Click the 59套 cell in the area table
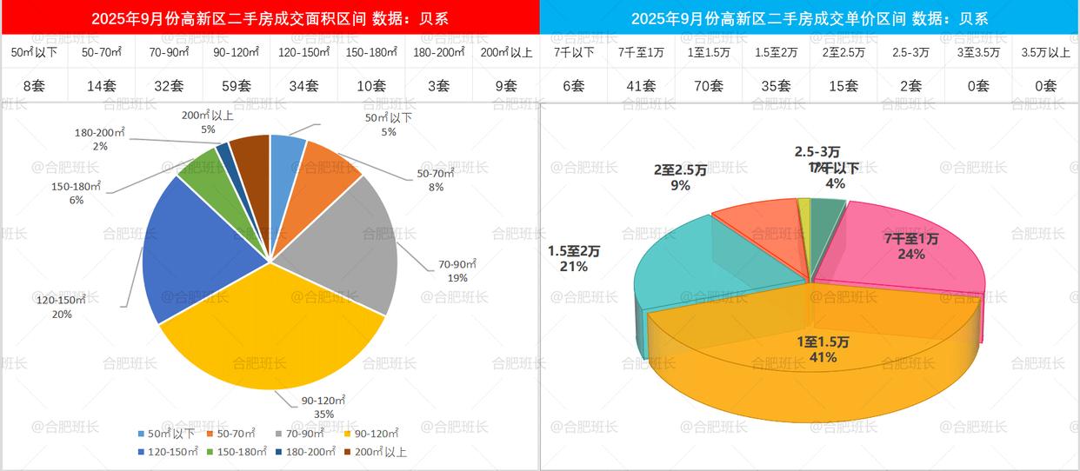[236, 85]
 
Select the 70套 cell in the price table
[709, 85]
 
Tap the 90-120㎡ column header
[236, 52]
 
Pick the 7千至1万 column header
[641, 52]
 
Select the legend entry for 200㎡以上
[375, 452]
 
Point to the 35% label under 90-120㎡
[323, 415]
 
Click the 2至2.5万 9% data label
[679, 185]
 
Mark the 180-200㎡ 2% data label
[100, 146]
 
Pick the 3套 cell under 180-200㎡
[439, 85]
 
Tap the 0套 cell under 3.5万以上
[1046, 85]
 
